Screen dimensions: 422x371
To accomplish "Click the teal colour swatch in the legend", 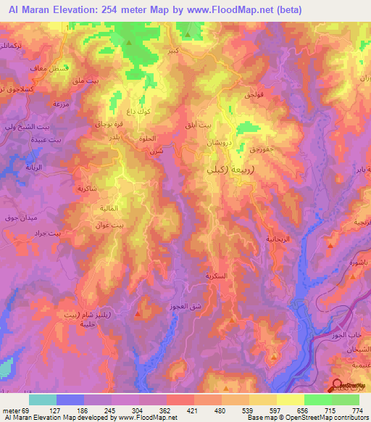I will click(42, 400).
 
